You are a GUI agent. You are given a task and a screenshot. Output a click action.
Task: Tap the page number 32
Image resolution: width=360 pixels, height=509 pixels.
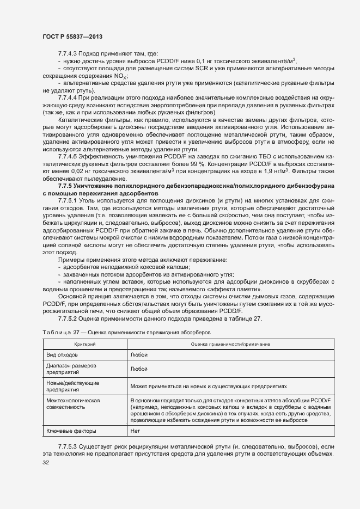(46, 463)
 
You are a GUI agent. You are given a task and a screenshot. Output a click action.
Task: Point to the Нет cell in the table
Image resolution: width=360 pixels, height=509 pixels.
(136, 431)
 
